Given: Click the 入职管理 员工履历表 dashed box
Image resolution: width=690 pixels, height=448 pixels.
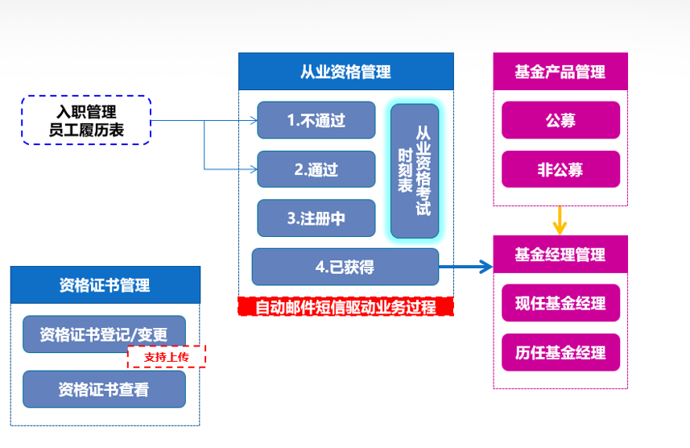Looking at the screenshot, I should pos(86,120).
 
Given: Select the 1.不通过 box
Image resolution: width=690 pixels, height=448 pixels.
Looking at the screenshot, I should pos(316,120).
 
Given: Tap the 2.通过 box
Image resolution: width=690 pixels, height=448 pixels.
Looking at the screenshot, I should pos(316,169).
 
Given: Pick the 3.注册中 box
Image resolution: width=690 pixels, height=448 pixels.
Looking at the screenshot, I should pos(316,218).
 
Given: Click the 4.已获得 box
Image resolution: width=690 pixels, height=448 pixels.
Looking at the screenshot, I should pos(345,267).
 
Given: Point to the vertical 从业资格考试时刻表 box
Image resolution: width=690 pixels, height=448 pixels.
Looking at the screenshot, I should pos(415,171).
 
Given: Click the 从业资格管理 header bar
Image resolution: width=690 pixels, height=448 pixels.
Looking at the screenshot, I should pos(345,72).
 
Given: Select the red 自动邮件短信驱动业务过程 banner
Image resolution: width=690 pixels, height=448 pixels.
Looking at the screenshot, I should pos(345,307).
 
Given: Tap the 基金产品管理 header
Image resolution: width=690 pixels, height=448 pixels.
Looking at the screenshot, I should pos(560,72).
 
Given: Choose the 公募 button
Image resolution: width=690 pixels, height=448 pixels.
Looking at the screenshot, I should pos(560,120).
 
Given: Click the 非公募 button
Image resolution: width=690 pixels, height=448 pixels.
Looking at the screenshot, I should pos(560,169).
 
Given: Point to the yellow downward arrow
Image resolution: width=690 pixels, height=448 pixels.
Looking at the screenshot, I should pos(560,219).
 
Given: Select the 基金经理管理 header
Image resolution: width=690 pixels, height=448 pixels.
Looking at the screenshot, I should pos(560,255).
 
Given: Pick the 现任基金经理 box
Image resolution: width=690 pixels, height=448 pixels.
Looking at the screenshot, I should pos(560,304).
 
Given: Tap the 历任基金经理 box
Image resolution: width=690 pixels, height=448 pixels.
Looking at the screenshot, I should pos(560,352).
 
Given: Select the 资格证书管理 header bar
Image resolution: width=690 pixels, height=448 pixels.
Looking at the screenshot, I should pos(105,285).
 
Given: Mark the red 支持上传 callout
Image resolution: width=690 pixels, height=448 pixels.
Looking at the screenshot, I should pos(166,356).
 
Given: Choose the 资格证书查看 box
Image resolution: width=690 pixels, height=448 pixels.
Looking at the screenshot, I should pos(104,389).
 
